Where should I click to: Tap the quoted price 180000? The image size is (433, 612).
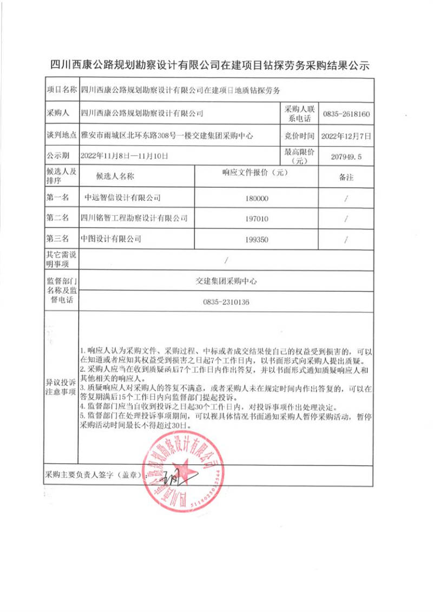coord(257,199)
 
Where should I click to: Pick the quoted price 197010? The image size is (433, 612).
coord(257,219)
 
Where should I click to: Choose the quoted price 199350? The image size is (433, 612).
coord(257,239)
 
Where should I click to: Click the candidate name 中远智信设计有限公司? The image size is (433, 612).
coord(120,198)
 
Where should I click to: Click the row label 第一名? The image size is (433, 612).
coord(57,198)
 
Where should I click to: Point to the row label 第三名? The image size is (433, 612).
coord(57,239)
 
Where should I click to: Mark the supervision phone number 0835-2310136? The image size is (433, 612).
coord(226,302)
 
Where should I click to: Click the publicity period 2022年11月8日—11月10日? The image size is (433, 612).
coord(124,156)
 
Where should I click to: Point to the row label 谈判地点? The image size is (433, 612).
coord(58,135)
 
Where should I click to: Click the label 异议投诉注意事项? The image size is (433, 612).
coord(58,387)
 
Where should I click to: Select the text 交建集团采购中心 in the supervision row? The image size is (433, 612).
coord(226,282)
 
